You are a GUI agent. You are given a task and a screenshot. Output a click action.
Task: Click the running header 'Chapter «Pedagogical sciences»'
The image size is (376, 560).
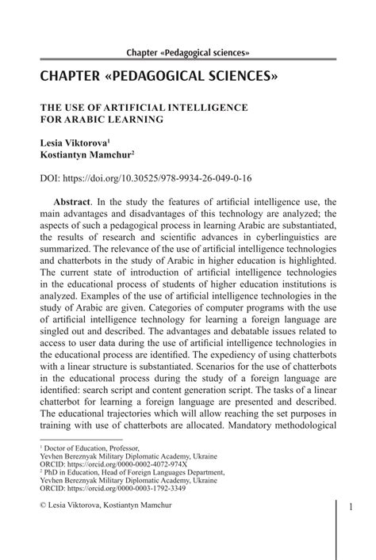[x=188, y=52]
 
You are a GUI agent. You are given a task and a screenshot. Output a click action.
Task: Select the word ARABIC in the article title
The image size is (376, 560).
[x=86, y=120]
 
